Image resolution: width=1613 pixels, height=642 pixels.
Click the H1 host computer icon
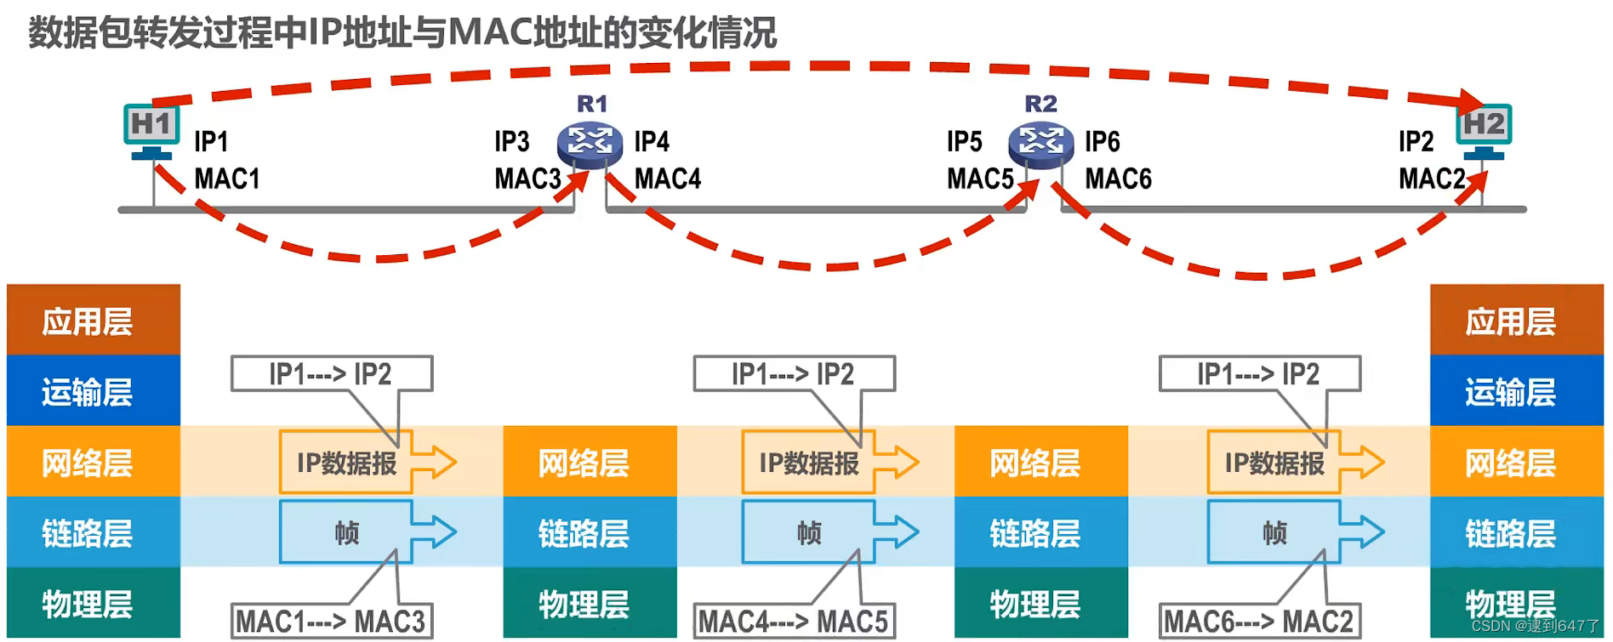pos(151,130)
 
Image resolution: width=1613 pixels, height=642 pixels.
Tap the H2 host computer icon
pos(1484,130)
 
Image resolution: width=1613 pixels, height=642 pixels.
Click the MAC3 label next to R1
pos(527,179)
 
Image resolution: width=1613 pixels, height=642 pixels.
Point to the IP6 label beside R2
pos(1102,141)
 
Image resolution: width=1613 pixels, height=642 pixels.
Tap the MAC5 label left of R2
pos(980,179)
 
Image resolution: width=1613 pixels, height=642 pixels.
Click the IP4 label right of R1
pos(652,141)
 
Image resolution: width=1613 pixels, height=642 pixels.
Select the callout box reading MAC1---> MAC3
pos(331,621)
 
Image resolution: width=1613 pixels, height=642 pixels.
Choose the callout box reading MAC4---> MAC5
pos(794,621)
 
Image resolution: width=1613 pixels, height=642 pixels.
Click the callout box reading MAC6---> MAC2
pos(1259,621)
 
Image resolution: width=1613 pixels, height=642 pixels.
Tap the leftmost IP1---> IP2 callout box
pos(331,373)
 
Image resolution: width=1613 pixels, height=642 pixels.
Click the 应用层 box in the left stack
pos(93,321)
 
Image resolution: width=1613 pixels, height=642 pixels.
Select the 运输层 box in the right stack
pos(1515,391)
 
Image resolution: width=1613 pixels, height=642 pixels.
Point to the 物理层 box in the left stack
pos(93,603)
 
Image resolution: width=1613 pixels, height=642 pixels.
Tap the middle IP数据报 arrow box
pos(809,463)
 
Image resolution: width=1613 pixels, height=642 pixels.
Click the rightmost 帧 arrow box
pos(1274,533)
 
